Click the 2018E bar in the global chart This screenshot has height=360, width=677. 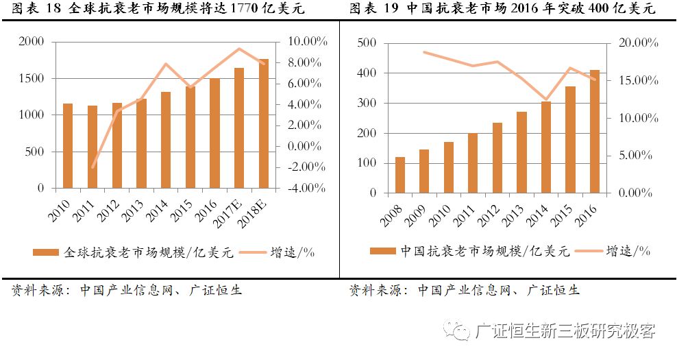(x=263, y=123)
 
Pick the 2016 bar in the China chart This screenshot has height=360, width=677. (x=594, y=131)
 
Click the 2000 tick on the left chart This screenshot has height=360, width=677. (x=31, y=42)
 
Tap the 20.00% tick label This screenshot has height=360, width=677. (x=635, y=43)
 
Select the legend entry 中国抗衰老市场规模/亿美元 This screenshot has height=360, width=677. (x=478, y=252)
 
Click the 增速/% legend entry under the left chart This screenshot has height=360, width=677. (x=292, y=252)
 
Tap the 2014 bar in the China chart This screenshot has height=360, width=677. (x=545, y=147)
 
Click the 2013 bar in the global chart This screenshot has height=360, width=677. (x=141, y=143)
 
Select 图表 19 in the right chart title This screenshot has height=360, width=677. (x=373, y=9)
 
